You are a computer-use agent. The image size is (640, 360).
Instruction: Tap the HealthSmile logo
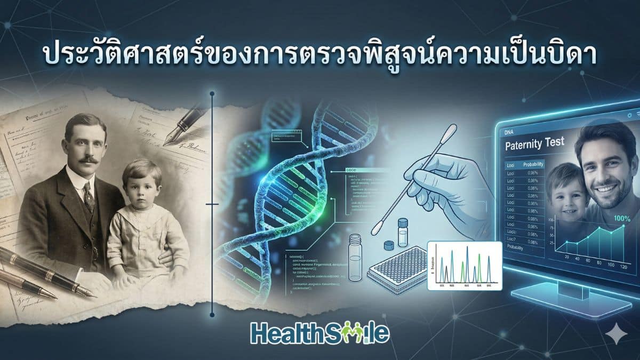click(x=319, y=333)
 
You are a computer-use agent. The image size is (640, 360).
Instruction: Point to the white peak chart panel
click(x=465, y=265)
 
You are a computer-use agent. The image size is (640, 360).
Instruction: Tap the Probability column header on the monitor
click(x=533, y=165)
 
